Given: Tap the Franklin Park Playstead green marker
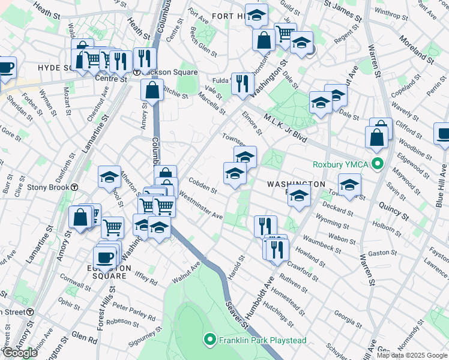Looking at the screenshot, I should (209, 340).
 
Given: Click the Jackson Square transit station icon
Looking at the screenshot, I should (137, 72).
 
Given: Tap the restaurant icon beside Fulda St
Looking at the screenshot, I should (243, 83).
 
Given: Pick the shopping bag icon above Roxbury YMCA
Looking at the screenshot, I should (376, 137).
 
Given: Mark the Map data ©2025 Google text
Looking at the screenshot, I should (412, 355).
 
